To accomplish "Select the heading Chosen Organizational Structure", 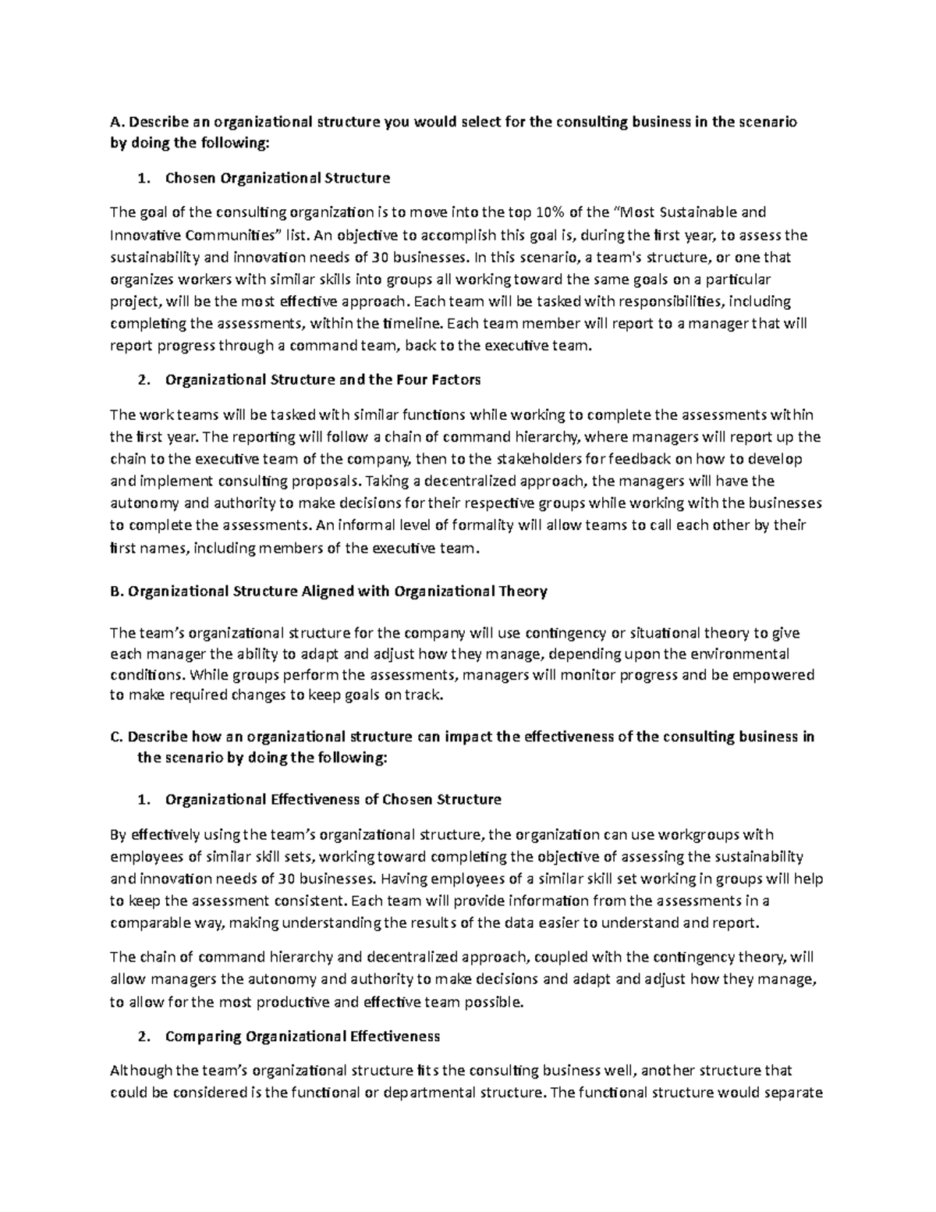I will (277, 178).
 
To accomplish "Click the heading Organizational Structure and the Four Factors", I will (323, 380).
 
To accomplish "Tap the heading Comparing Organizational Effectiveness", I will (303, 1036).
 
